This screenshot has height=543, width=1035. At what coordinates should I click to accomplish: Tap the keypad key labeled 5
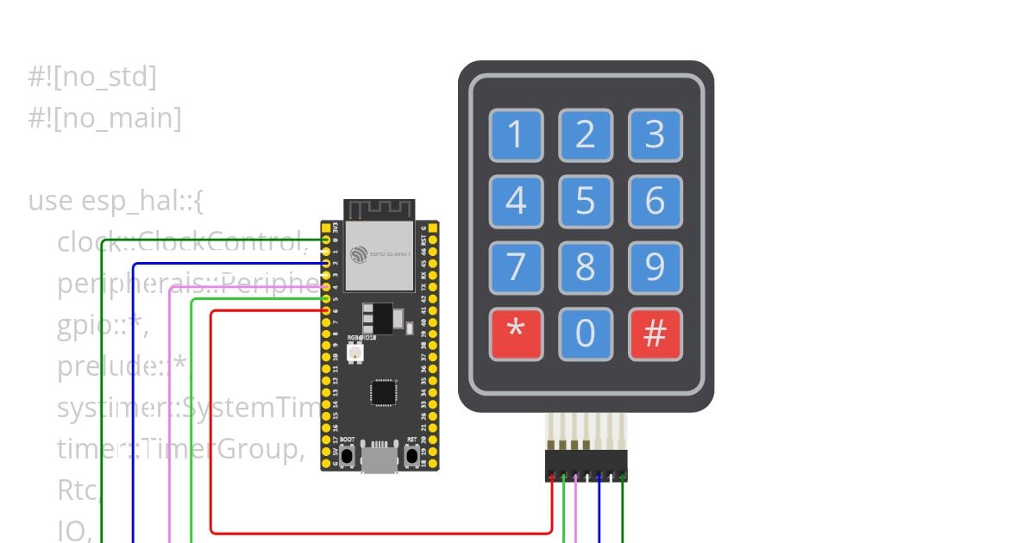(586, 202)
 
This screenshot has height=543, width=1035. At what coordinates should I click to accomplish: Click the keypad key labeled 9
(655, 268)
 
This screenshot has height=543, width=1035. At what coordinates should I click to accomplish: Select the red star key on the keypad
(516, 334)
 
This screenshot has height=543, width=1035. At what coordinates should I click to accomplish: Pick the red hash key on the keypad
(655, 334)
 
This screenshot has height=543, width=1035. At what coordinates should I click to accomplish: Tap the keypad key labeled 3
(655, 135)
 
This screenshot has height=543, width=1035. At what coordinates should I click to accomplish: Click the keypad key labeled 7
(516, 268)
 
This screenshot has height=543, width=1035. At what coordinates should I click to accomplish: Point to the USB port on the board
(379, 459)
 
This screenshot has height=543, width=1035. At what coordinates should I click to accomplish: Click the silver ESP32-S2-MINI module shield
(379, 255)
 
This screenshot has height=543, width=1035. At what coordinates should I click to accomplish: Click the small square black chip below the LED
(383, 392)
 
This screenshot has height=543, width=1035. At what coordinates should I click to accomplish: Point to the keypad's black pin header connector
(586, 466)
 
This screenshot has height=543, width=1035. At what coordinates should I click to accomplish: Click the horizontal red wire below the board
(379, 533)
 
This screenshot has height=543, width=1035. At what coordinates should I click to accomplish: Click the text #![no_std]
(92, 77)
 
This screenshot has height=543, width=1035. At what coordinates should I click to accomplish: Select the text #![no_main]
(104, 117)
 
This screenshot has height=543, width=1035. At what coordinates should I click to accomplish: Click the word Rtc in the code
(78, 490)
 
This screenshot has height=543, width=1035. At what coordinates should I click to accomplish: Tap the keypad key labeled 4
(516, 202)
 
